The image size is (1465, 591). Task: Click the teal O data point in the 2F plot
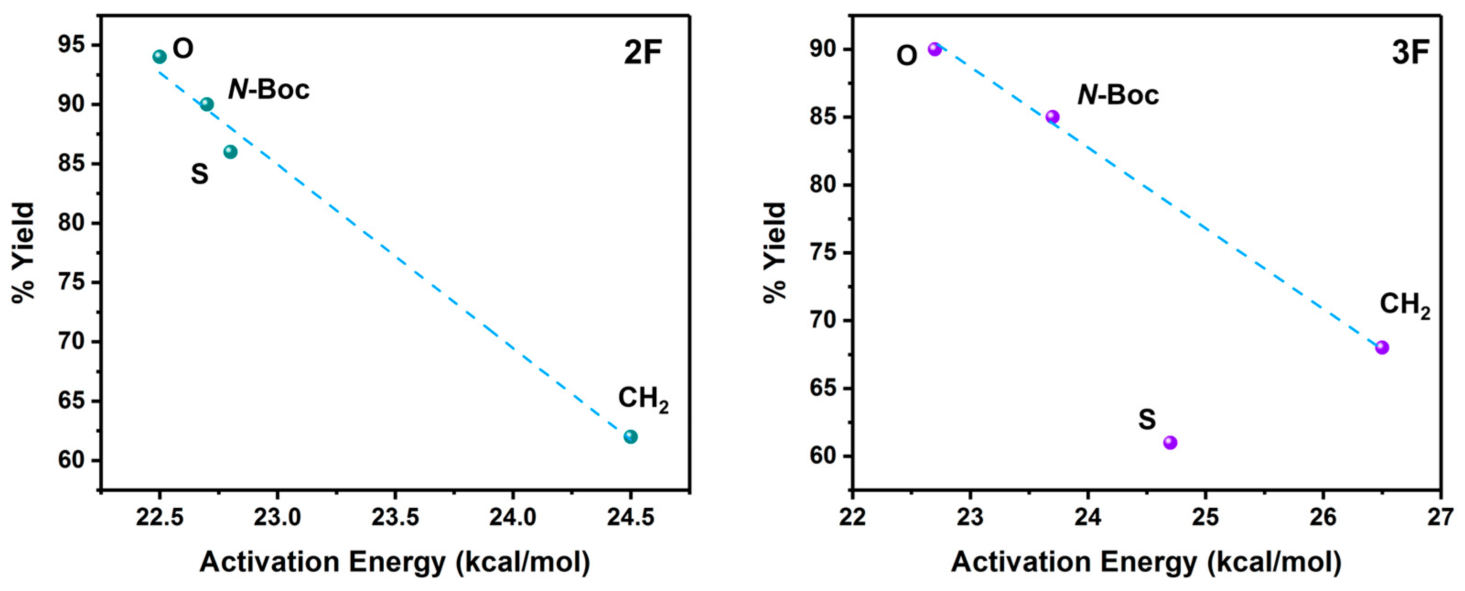point(159,57)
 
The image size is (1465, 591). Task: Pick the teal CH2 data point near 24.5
point(630,437)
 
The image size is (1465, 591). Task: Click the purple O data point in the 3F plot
point(934,49)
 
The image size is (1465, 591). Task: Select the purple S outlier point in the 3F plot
point(1170,442)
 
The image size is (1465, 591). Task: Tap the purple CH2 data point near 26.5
point(1382,348)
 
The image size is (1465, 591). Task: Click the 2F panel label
point(643,54)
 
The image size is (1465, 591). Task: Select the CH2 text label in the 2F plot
point(643,399)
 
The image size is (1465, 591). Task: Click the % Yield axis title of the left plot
point(24,253)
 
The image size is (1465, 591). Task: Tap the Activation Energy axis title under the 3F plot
point(1146,563)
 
